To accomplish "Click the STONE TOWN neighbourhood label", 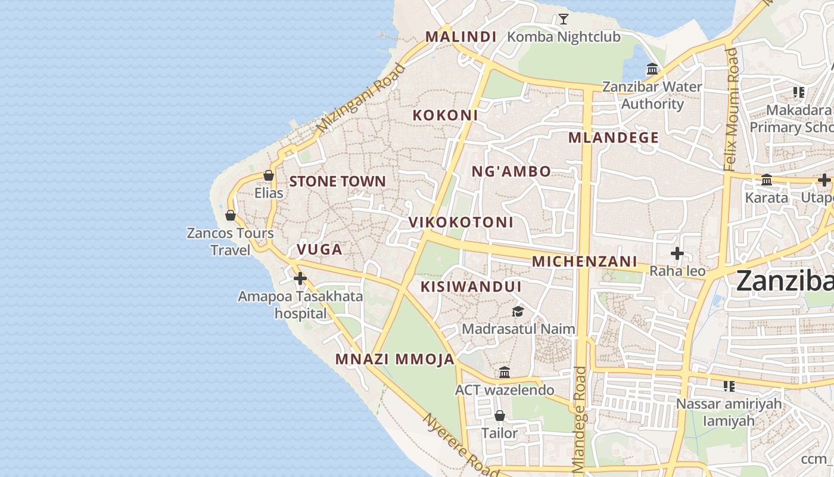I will [337, 181].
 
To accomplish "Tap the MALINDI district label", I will [460, 36].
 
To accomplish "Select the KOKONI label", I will [446, 115].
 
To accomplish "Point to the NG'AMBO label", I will [511, 172].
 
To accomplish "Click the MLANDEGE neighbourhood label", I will [614, 138].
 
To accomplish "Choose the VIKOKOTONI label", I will [460, 222].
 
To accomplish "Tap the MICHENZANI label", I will [584, 261].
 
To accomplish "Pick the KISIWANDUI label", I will [471, 287].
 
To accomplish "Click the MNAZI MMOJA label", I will [395, 359].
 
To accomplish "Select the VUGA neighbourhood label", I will [319, 249].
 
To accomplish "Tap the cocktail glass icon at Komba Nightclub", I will [563, 19].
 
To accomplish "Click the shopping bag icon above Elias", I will [269, 175].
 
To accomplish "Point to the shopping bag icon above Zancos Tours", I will [231, 215].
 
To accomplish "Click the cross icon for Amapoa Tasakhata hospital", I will [300, 278].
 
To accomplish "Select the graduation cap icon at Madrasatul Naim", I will [518, 311].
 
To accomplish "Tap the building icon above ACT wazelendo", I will [505, 373].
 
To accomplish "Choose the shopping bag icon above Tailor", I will [500, 416].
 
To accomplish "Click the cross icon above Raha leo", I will [677, 254].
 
